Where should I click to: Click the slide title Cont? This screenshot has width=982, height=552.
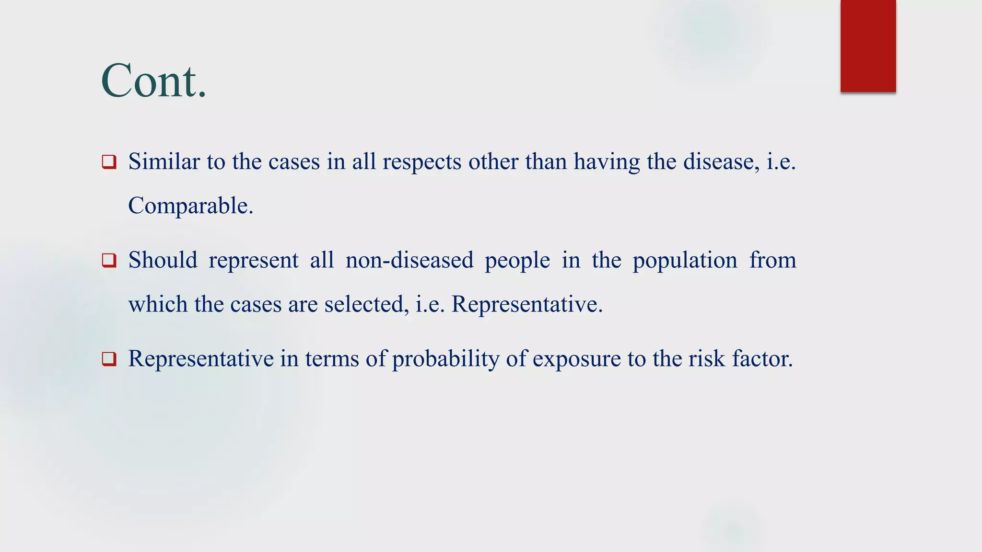153,80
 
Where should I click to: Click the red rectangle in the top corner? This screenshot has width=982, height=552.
868,46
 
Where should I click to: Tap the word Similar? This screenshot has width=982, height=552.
164,161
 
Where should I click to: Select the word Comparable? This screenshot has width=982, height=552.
190,206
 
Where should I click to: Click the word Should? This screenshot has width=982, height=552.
163,260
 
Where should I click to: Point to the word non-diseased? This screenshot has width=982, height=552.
409,260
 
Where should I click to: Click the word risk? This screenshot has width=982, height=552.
707,358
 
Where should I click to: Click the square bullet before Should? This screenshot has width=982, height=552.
109,261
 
